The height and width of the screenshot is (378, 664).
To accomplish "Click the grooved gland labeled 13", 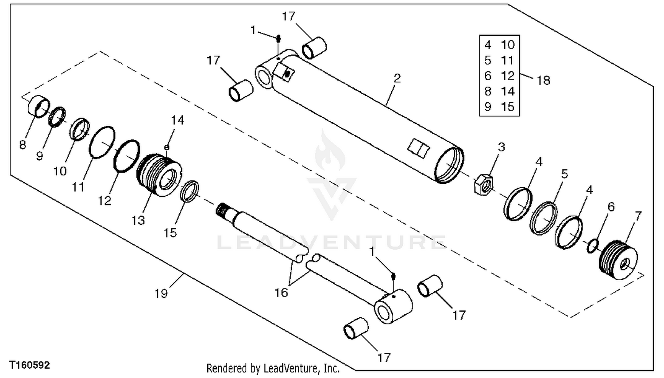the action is [159, 175].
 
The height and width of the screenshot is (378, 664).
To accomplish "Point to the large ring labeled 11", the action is [102, 143].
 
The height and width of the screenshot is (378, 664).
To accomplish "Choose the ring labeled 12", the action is [127, 156].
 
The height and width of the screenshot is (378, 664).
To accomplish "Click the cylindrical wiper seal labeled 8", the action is [39, 106].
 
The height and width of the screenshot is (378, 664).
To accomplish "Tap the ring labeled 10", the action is [80, 129].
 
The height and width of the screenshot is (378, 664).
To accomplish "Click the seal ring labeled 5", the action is [543, 219].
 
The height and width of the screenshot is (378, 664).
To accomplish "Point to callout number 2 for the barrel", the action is [397, 78].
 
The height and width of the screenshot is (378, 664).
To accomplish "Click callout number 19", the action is [161, 293].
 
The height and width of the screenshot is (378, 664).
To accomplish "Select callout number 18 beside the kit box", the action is [543, 81].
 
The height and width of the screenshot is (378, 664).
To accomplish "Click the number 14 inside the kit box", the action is [507, 91].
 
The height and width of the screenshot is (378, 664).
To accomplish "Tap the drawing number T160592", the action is [29, 365].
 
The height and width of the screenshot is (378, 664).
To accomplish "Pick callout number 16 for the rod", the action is [281, 293].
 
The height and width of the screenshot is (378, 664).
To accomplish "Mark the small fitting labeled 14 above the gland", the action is [166, 147].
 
